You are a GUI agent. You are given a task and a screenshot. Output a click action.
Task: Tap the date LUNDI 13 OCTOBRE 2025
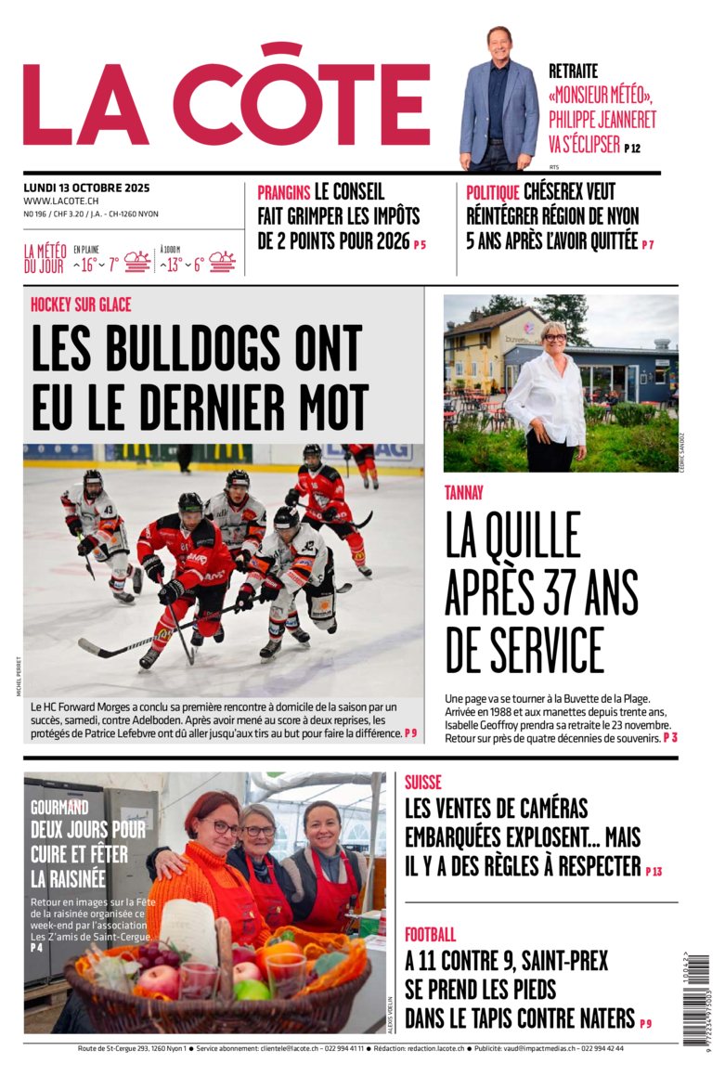coord(86,188)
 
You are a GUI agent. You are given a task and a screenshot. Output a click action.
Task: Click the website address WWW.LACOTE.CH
coord(61,201)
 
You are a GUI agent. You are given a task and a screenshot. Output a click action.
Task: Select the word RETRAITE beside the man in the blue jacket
coord(573,71)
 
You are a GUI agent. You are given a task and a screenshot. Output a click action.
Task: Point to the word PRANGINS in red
coord(283,192)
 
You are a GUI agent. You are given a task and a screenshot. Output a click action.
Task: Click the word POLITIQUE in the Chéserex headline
coord(493,192)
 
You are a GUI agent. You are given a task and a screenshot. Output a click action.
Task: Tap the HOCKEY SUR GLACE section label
coord(81,305)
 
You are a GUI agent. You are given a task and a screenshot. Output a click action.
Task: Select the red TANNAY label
coord(463,493)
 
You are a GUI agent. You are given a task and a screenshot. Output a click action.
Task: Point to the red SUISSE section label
coord(422,783)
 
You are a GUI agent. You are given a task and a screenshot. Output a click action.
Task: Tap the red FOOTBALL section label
coord(430,935)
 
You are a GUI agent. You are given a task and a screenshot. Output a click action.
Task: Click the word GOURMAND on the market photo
coord(59,808)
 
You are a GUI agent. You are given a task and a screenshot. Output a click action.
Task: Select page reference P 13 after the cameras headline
coord(654,872)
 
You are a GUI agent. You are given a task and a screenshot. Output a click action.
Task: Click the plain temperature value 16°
coord(88,265)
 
